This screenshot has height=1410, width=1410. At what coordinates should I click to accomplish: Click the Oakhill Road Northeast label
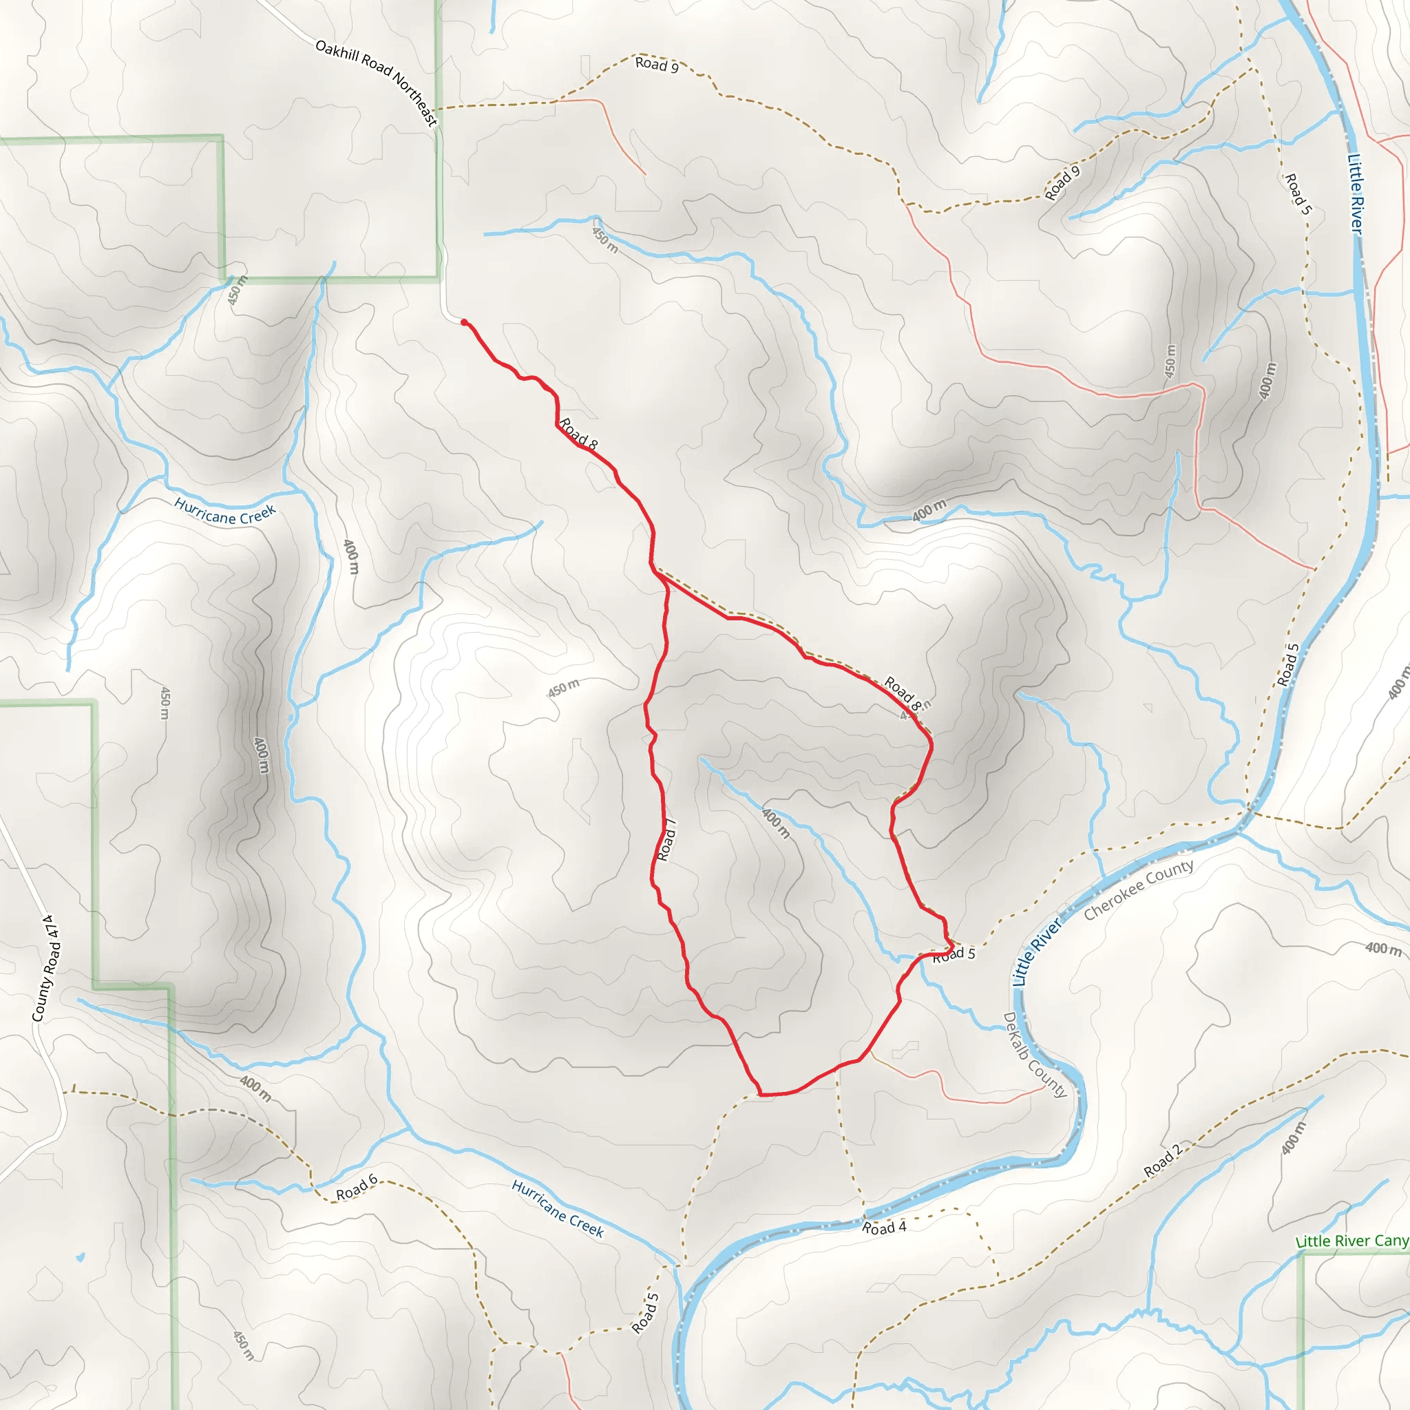pos(377,83)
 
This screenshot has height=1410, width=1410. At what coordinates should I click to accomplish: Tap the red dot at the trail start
pos(464,322)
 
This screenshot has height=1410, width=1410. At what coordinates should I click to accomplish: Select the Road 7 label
pos(666,840)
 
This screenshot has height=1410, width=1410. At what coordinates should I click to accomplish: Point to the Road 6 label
pos(356,1188)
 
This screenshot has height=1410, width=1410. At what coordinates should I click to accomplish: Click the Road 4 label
pos(884,1228)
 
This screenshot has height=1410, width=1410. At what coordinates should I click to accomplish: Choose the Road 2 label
pos(1162,1161)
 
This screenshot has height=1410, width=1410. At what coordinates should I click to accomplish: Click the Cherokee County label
pos(1139,890)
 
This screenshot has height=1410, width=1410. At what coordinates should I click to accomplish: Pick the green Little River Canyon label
pos(1352,1241)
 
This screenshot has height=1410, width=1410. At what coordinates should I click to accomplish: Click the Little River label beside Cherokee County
pos(1036,952)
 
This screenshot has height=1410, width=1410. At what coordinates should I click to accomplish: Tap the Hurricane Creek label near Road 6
pos(558,1209)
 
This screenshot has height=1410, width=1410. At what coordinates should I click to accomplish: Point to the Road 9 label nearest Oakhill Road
pos(657,64)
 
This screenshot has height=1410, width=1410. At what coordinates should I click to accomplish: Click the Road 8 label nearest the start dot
pos(579,434)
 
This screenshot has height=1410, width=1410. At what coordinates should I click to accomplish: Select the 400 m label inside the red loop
pos(775,823)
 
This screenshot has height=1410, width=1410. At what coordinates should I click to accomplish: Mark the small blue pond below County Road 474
pos(80,1257)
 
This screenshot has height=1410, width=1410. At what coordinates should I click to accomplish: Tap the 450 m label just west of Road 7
pos(563,688)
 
